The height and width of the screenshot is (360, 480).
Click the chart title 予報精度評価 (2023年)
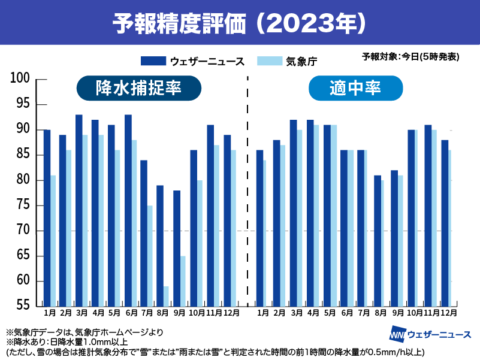[240, 23]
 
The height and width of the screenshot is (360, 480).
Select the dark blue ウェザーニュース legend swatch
[152, 60]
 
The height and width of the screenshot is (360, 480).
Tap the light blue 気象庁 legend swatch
[268, 60]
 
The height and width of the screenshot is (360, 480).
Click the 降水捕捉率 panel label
[138, 89]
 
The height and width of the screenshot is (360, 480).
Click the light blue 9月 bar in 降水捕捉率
[182, 281]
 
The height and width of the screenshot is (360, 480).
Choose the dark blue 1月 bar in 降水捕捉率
[47, 218]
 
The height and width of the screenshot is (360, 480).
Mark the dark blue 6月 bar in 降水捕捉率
[128, 210]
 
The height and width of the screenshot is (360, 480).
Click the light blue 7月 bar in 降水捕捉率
[149, 256]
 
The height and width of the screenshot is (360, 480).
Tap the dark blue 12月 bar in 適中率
[444, 223]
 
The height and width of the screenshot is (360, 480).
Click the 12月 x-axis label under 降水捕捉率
[231, 313]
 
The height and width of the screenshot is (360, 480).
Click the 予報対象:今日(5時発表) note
[410, 57]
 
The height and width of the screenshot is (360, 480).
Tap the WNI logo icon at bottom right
[397, 334]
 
